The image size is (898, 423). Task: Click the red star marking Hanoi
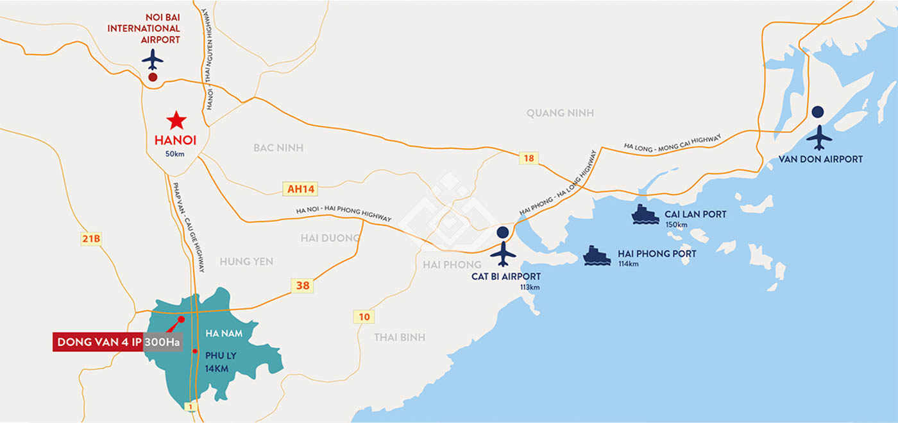click(176, 120)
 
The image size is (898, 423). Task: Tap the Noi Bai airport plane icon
click(153, 59)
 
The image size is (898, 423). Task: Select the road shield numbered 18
click(529, 158)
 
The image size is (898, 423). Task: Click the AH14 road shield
click(301, 189)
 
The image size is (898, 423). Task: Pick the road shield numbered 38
click(303, 286)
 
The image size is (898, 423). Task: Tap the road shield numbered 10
click(364, 316)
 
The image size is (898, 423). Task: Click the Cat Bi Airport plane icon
click(503, 254)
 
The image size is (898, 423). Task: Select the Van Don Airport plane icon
click(818, 137)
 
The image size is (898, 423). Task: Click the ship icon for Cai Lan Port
click(645, 214)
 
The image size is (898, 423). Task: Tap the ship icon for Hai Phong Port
click(597, 255)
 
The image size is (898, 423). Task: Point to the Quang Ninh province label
click(560, 113)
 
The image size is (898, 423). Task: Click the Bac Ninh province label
click(278, 148)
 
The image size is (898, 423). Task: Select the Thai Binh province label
click(400, 337)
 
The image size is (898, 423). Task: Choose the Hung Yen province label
click(246, 261)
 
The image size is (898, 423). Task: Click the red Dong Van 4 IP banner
click(98, 342)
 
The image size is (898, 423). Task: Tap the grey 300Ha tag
click(162, 342)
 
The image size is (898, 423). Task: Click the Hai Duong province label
click(330, 238)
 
